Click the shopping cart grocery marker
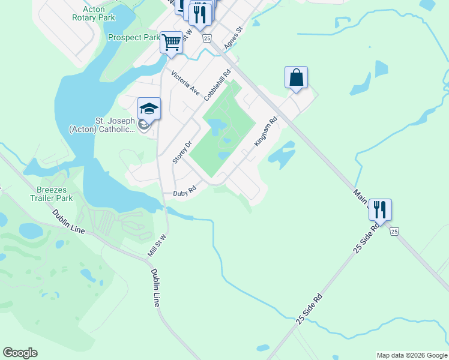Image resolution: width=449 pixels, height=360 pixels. coord(172,43)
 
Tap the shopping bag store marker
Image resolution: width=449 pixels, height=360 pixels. coord(296,77)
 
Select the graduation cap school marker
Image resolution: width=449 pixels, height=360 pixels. coord(149,109)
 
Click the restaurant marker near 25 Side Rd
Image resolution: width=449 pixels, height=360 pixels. coord(380,209)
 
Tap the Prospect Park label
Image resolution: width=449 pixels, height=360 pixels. coord(134,37)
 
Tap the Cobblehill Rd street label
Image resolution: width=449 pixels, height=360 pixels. coord(217,86)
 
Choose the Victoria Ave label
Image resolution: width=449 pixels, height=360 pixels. coord(185,83)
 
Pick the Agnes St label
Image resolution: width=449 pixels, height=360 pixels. coord(232,37)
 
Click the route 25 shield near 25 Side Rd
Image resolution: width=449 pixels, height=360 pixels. coord(394,231)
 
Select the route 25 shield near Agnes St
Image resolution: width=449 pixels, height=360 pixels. coord(207,38)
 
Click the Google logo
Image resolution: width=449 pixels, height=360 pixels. coord(20,353)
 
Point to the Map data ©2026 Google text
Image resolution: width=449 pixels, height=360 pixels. coord(411,355)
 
